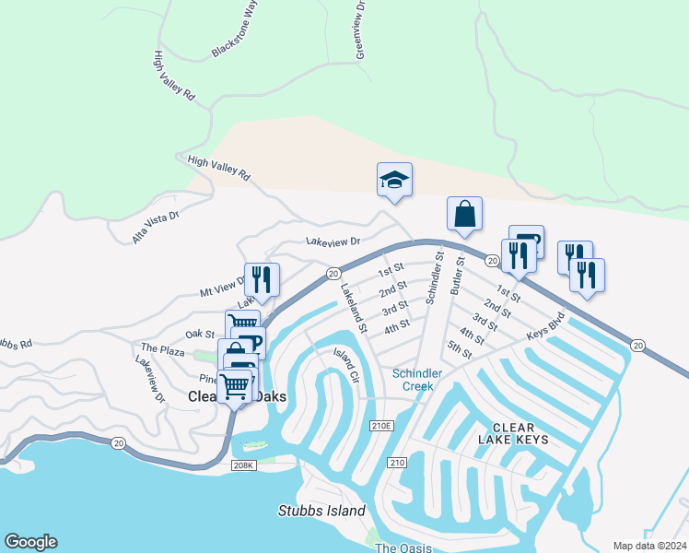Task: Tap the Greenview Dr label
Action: tap(360, 29)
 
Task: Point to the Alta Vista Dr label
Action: tap(156, 226)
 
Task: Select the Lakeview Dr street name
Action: tap(332, 241)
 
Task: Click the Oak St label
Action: tap(199, 334)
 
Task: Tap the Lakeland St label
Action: tap(354, 308)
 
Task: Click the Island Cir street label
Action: tap(346, 369)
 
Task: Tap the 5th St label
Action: tap(459, 352)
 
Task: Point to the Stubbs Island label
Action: tap(321, 511)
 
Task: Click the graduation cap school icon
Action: tap(394, 179)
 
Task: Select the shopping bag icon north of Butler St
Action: tap(465, 214)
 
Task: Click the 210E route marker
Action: tap(381, 426)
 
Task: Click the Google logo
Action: tap(30, 542)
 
